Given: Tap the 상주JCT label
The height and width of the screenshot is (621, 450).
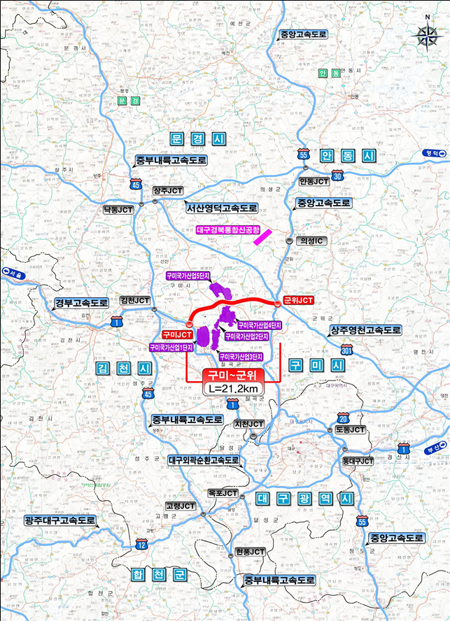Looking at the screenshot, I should coord(168,190).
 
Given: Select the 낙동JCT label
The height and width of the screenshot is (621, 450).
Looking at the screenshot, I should coord(118,209).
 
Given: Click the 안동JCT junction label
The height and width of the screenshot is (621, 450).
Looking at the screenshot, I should coord(314,181).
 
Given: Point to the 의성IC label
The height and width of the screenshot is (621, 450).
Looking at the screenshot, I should coord(314,241).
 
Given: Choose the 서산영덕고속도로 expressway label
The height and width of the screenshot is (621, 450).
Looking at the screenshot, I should coord(221,208).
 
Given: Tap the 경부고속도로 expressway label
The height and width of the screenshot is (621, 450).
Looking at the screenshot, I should coord(81,304).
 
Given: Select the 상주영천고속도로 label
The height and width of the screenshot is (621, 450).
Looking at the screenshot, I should coord(366,329).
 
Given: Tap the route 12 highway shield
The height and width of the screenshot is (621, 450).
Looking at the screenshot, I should coord(142,543).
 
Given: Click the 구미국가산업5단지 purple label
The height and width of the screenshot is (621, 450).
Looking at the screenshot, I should coord(188,276).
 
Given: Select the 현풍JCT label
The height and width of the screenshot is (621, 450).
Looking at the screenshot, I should coord(250,552).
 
